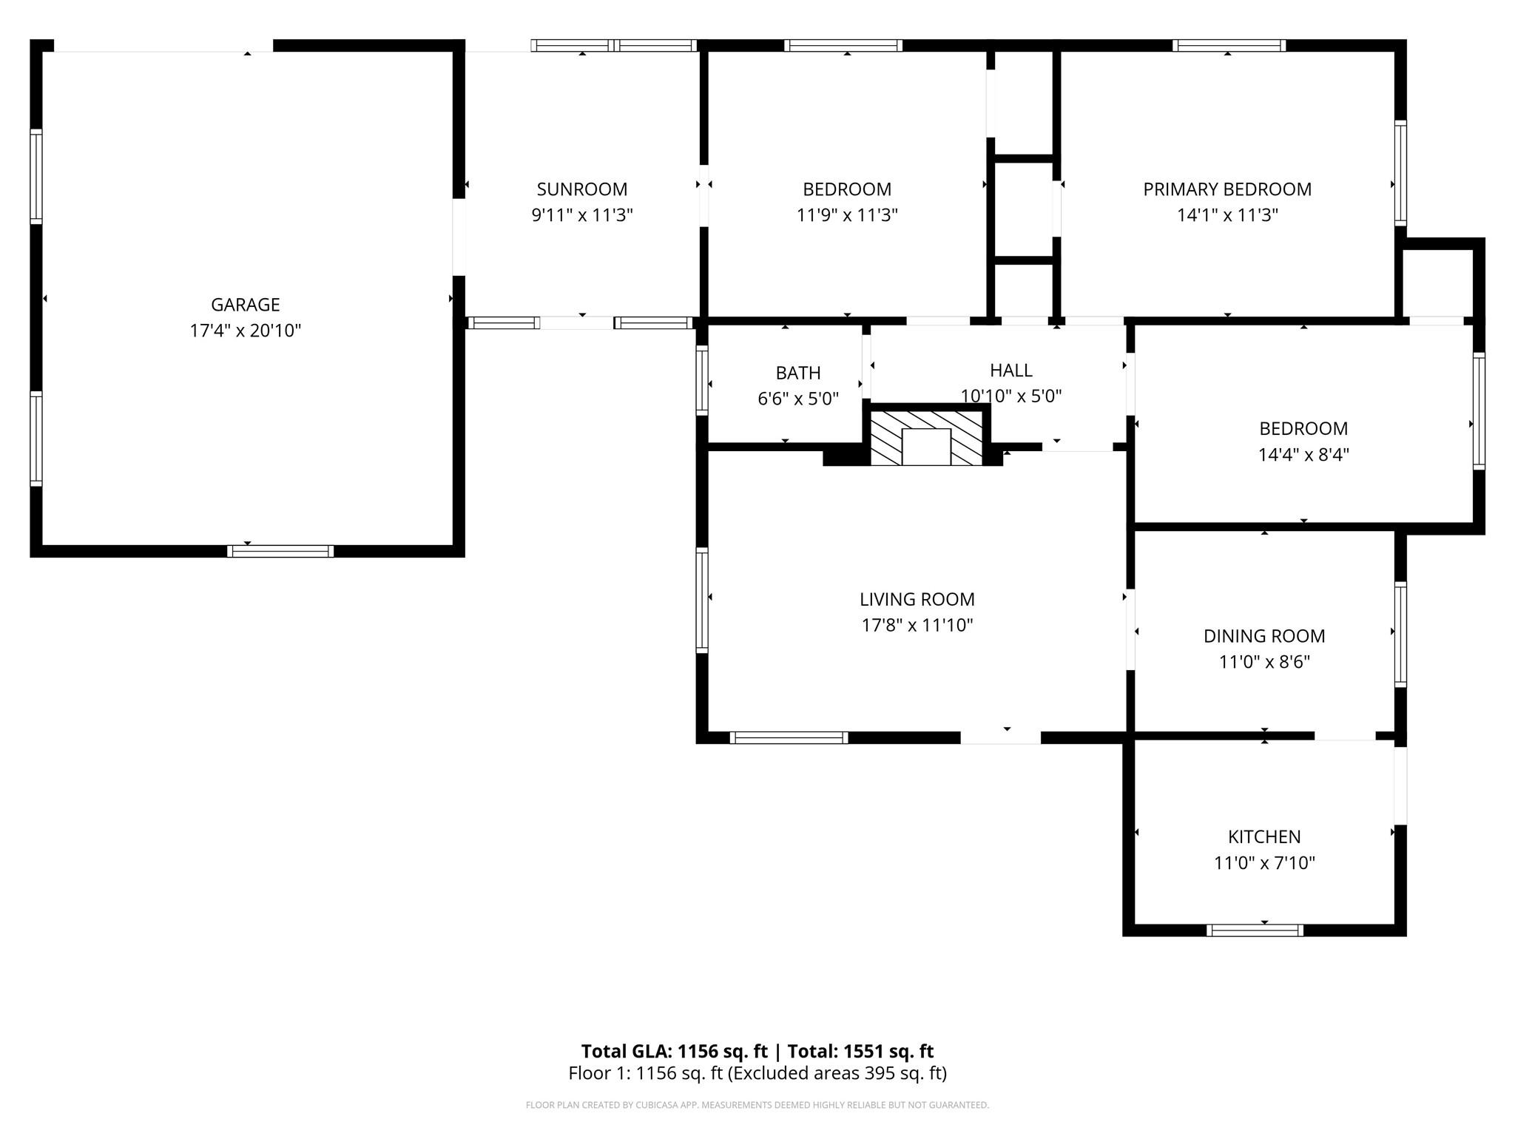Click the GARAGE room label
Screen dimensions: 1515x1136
point(246,305)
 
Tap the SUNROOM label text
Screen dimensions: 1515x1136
point(582,189)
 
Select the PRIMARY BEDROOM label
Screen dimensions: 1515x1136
point(1227,189)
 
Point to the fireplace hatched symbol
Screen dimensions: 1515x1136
point(926,438)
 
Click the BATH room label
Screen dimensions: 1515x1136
point(798,373)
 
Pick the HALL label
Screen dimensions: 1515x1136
point(1011,370)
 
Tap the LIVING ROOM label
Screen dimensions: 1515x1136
point(917,599)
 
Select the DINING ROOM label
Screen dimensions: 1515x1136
point(1264,636)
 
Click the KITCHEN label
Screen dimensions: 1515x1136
point(1264,836)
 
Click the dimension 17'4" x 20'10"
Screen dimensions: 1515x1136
point(246,331)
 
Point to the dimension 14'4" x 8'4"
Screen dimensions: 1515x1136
point(1303,454)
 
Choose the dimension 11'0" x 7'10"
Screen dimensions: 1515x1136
point(1264,862)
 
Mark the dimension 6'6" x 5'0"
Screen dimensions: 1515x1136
point(798,399)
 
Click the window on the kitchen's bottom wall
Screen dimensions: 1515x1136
point(1255,930)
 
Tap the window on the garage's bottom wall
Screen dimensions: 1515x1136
point(280,551)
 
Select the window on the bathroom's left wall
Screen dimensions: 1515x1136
point(702,380)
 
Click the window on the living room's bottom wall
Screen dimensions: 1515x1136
point(789,737)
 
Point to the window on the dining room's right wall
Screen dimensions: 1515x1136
point(1400,635)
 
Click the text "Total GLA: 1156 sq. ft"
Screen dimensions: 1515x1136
point(675,1051)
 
